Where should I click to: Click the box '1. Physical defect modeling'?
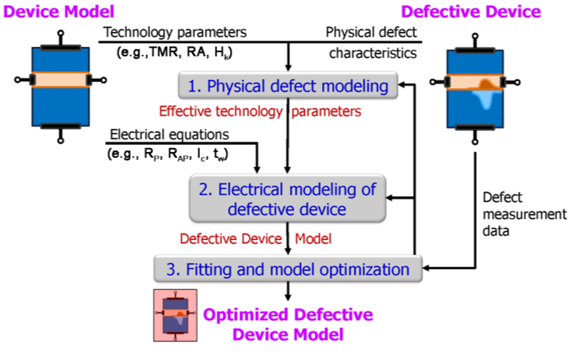coord(287,86)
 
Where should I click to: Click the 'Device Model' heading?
coord(58,11)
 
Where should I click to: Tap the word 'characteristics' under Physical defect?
coord(372,53)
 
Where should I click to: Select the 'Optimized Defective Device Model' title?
coord(288,324)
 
